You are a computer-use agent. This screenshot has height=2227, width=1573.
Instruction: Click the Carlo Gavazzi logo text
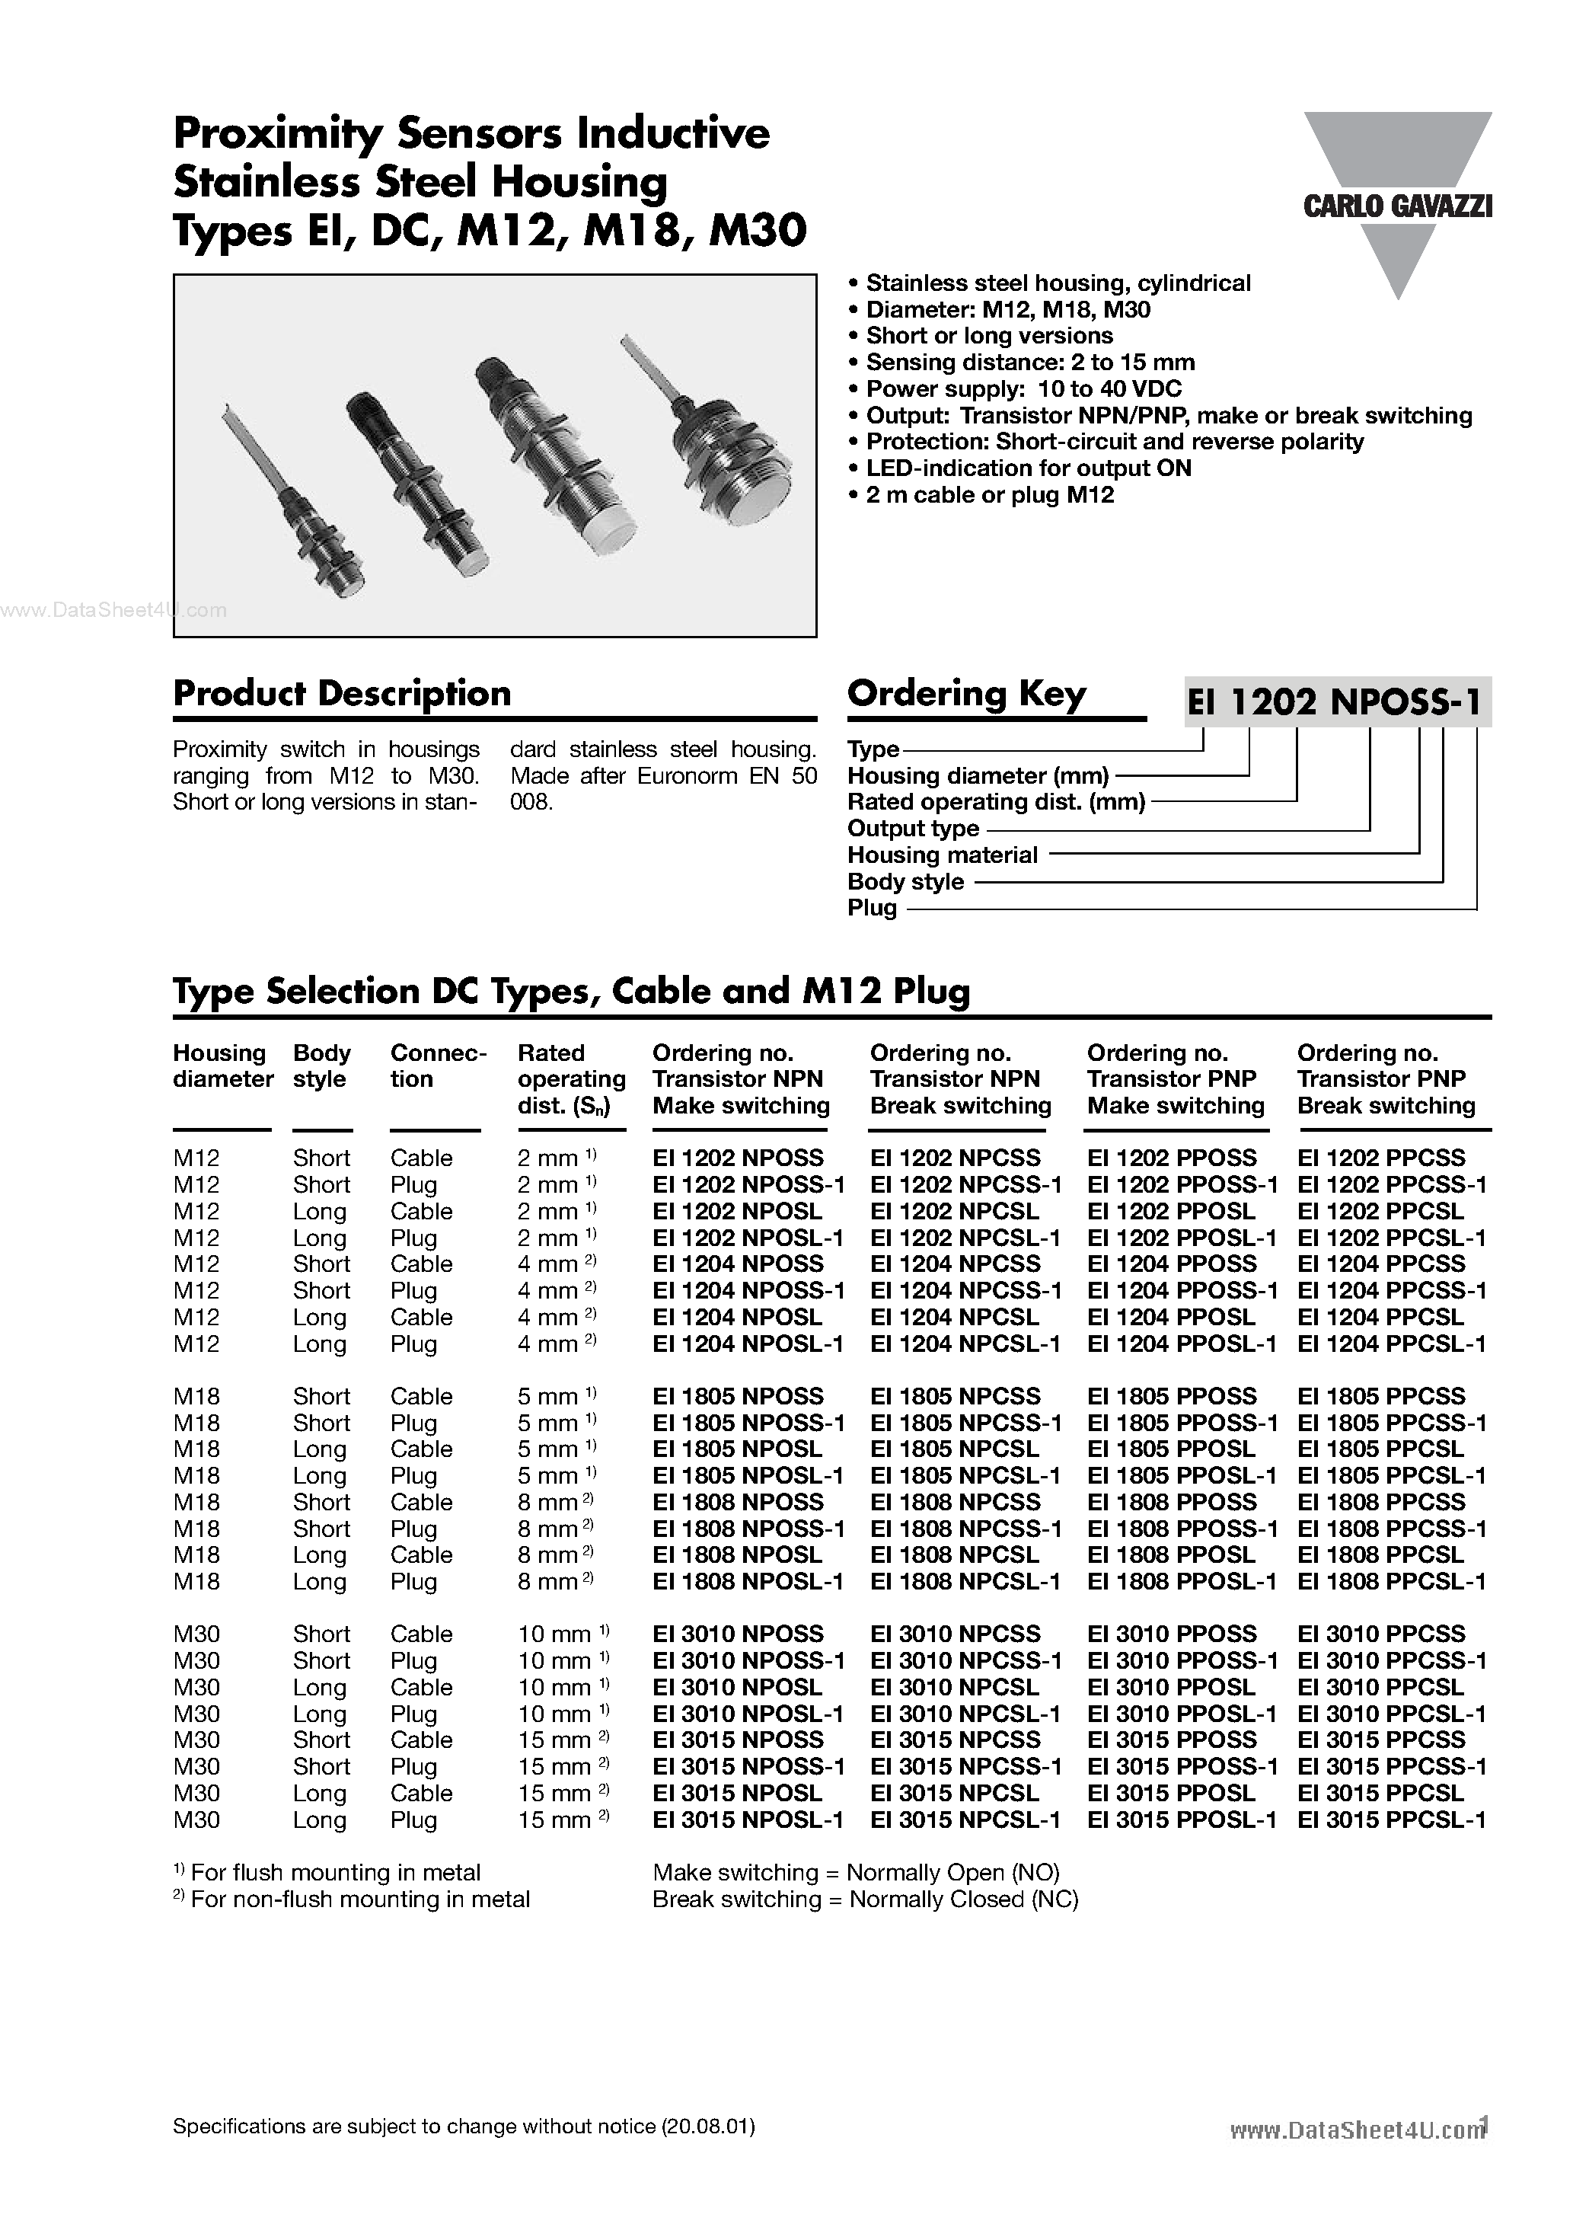[1396, 206]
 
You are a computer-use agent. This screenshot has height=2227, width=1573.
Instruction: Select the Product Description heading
[341, 694]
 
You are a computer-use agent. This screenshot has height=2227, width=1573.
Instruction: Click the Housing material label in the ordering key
[942, 855]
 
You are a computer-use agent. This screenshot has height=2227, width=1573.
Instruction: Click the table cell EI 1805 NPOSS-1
[748, 1423]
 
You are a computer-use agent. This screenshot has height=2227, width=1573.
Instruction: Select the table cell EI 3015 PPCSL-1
[1391, 1820]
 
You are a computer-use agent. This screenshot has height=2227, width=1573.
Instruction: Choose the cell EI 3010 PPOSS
[1172, 1634]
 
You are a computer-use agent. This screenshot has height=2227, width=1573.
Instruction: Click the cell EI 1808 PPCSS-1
[1391, 1529]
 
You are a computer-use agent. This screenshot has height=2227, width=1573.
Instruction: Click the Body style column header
[321, 1066]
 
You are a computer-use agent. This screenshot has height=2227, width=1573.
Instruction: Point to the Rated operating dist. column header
[570, 1078]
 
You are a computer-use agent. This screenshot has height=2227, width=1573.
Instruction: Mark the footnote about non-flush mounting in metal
[351, 1899]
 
